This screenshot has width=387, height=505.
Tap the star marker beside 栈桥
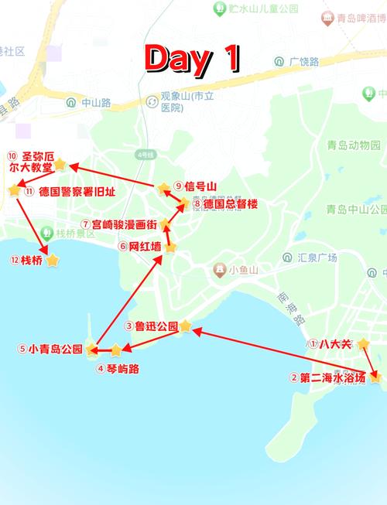tap(53, 261)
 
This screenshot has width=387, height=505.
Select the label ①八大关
tap(329, 344)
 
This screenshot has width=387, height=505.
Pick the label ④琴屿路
tap(118, 369)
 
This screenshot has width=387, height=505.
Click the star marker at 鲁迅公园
tap(186, 326)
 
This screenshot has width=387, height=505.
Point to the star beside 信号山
tap(163, 188)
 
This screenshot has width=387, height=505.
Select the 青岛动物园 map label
tap(354, 145)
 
